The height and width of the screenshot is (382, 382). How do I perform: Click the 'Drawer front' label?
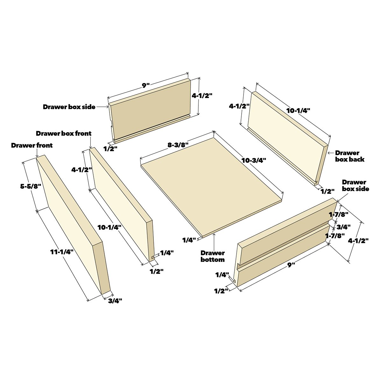coord(32,145)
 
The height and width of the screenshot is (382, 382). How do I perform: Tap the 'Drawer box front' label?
coord(64,133)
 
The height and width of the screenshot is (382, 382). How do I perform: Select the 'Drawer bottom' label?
coord(213,256)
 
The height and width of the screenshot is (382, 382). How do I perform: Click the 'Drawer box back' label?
coord(350,156)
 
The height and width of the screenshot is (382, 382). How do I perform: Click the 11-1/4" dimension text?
coord(62,252)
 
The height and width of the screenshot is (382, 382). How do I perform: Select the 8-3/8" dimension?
coord(178,145)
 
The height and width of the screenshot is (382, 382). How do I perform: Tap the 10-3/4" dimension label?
coord(254,160)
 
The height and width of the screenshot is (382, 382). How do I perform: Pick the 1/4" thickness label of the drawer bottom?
coord(189,240)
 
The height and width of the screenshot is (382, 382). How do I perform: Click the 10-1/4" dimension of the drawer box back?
coord(298,110)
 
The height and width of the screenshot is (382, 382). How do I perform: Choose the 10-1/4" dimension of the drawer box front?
coord(109,227)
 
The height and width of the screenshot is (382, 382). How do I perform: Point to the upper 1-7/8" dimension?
coord(338,214)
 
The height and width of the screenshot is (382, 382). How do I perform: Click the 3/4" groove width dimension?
coord(343,227)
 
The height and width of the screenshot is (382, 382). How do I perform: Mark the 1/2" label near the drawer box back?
coord(328,191)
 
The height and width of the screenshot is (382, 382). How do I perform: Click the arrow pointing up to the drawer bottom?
coord(214,241)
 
